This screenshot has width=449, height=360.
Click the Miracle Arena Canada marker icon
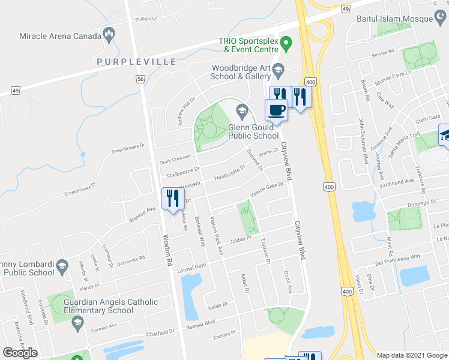click(109, 35)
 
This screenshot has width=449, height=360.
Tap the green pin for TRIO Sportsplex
click(286, 43)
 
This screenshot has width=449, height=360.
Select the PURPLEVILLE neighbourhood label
click(134, 62)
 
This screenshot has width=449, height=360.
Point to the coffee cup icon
click(277, 110)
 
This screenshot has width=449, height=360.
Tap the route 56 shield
click(140, 79)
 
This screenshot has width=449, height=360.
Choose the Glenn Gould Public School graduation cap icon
click(242, 109)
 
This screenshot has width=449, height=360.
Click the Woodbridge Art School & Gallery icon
click(278, 71)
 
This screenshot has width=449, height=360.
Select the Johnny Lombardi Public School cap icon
click(61, 266)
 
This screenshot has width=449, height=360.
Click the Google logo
click(20, 353)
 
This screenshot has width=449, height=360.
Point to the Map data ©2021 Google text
click(412, 355)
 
